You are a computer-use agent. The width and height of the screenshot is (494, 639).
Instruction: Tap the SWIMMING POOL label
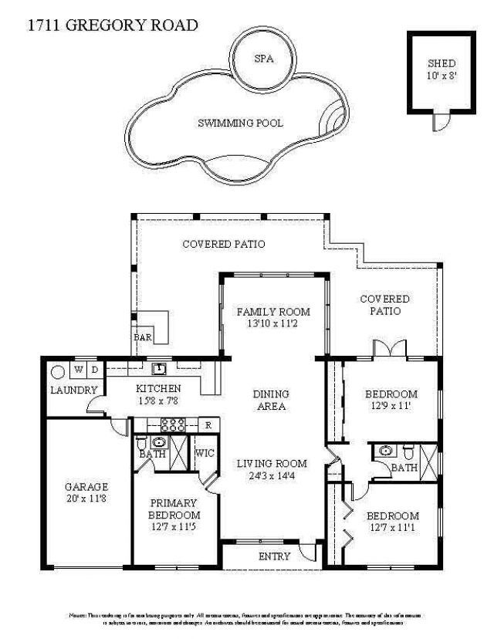240,123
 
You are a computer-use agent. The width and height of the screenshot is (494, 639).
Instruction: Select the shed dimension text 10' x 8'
442,76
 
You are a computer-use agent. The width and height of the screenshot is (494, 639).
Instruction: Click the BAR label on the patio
143,337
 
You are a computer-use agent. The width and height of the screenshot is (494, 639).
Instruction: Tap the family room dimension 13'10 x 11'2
273,325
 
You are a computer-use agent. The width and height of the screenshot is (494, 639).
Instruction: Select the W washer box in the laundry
79,369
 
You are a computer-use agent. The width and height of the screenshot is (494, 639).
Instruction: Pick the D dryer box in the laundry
94,369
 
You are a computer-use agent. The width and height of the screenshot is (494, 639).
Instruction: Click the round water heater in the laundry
57,370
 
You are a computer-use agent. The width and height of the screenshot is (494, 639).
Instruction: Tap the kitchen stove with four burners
172,424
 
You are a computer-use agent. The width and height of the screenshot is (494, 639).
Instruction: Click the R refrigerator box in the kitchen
208,424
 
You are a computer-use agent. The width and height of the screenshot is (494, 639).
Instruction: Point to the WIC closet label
205,453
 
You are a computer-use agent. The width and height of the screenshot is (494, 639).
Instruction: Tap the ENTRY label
275,556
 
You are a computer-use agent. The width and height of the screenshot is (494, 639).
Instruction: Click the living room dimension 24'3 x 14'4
272,477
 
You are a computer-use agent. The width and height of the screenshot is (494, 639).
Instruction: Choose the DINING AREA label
271,400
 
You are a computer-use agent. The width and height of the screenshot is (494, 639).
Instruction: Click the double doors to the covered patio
390,349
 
